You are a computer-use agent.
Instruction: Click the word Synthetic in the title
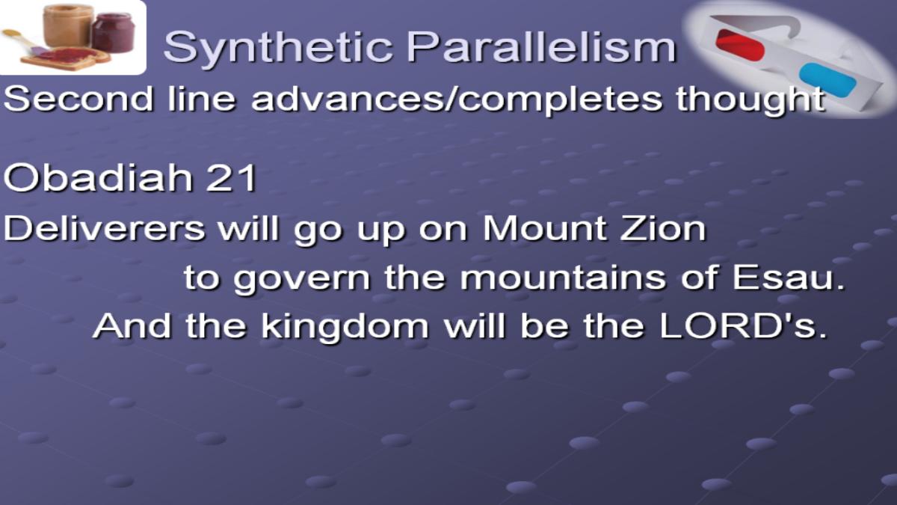point(278,48)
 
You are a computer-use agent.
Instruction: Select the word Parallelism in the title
point(541,46)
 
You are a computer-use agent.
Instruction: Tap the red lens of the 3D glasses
point(740,44)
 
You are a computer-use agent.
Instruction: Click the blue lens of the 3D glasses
point(827,80)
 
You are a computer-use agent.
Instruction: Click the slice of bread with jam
point(66,59)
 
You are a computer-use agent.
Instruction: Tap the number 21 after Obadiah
point(231,178)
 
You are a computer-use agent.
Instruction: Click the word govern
point(302,279)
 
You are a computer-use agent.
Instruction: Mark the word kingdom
point(345,328)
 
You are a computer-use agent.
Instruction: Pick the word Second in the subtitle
point(78,99)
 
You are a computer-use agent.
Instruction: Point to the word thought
point(750,100)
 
